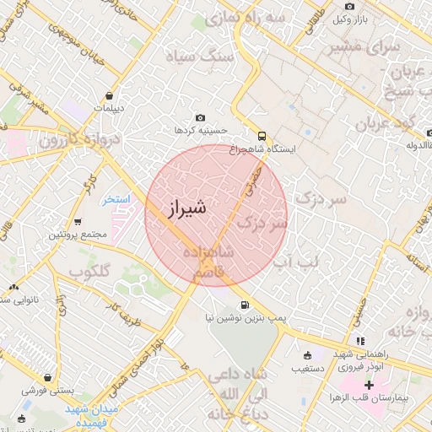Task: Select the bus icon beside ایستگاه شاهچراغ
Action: coord(262,135)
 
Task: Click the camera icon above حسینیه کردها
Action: coord(200,118)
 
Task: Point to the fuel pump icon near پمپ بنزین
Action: coord(245,305)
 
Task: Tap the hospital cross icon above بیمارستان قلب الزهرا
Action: coord(369,386)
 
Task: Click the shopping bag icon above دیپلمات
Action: coord(109,95)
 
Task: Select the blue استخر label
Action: coord(116,201)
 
